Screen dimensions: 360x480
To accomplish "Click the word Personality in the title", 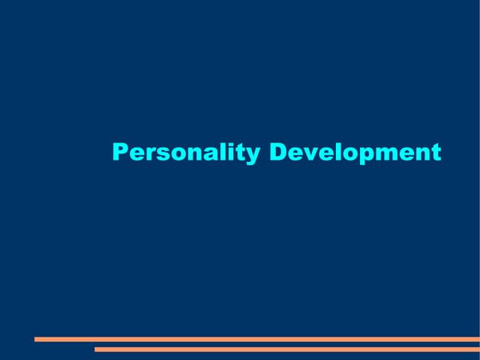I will (186, 153).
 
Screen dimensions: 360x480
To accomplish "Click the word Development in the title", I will (355, 153).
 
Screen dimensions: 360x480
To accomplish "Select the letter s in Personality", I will (160, 154).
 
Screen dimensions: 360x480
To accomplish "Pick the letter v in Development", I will (309, 154).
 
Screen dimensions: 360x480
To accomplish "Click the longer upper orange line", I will (255, 339).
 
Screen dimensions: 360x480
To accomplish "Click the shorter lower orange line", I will (285, 349).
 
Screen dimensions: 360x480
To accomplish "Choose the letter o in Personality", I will (175, 154).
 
